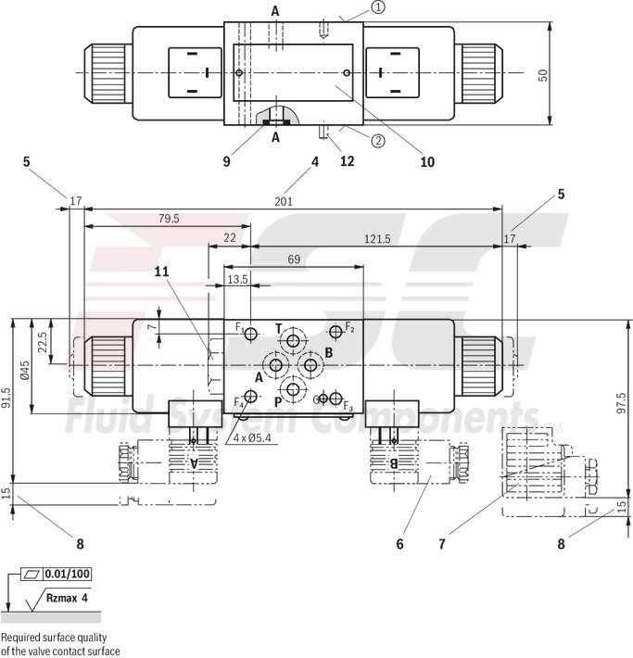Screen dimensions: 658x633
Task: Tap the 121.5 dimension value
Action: click(376, 238)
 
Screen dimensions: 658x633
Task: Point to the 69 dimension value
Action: click(293, 260)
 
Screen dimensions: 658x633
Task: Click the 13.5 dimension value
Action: click(237, 279)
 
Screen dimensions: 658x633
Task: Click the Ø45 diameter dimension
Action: click(27, 370)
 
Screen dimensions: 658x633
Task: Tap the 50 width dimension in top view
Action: click(544, 74)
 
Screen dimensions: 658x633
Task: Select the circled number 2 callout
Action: click(379, 142)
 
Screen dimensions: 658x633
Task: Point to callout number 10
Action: click(426, 161)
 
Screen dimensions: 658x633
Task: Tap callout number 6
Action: click(399, 544)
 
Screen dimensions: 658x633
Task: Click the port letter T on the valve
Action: click(278, 329)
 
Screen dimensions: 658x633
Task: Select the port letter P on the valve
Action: click(277, 402)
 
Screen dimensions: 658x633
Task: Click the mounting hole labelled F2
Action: click(335, 331)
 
